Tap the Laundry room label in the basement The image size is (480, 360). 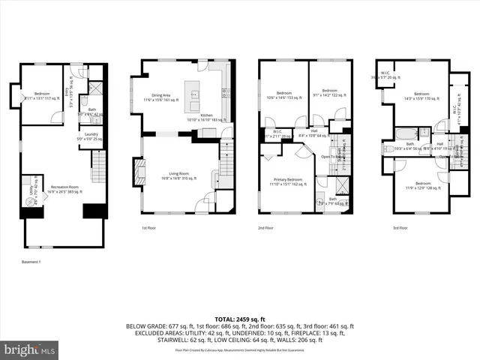tap(91, 136)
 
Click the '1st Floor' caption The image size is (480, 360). tap(148, 228)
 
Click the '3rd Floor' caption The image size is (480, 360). tap(400, 228)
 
